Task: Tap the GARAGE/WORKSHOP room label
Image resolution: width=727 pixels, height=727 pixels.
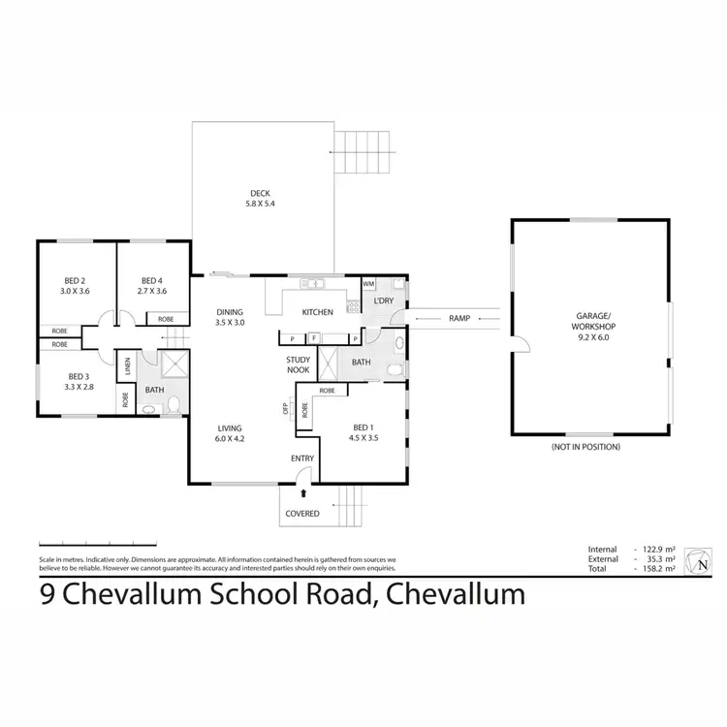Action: point(592,327)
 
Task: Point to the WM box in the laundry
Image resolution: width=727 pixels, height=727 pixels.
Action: point(368,284)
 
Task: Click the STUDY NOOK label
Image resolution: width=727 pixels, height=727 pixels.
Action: point(298,364)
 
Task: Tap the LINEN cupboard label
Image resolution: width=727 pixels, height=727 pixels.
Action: point(126,366)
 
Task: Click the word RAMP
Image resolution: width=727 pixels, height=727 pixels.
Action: point(459,318)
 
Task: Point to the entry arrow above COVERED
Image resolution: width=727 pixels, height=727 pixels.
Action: point(301,492)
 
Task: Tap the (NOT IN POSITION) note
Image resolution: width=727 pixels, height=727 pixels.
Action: point(585,447)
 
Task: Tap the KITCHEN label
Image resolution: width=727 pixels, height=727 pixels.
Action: point(317,312)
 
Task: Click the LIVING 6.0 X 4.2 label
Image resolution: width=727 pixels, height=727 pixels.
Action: point(230,433)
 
